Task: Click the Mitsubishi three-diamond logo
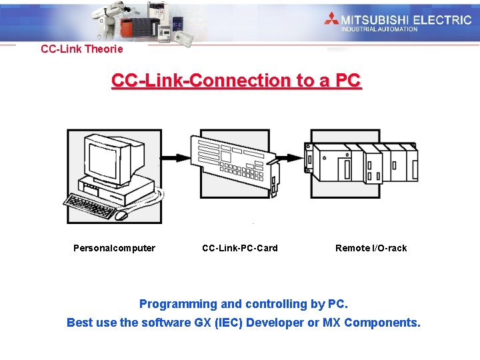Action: pos(332,19)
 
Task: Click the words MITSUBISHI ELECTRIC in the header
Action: pos(406,19)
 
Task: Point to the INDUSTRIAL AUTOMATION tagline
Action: pos(379,29)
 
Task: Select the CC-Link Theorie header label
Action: pos(82,49)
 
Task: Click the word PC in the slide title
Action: pos(348,81)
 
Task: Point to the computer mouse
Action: pos(121,215)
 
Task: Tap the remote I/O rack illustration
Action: pos(361,163)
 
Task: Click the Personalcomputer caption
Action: pos(114,248)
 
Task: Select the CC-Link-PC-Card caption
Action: pos(239,248)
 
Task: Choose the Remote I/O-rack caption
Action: pos(371,248)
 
